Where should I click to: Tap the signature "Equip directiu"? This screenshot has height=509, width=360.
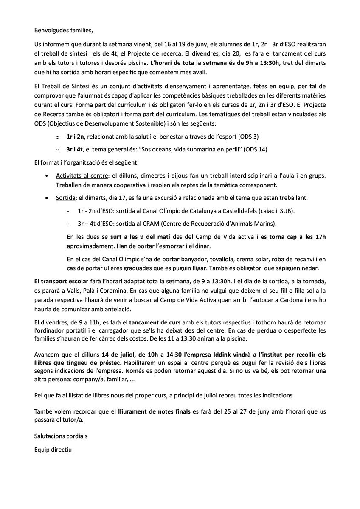(x=53, y=449)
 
